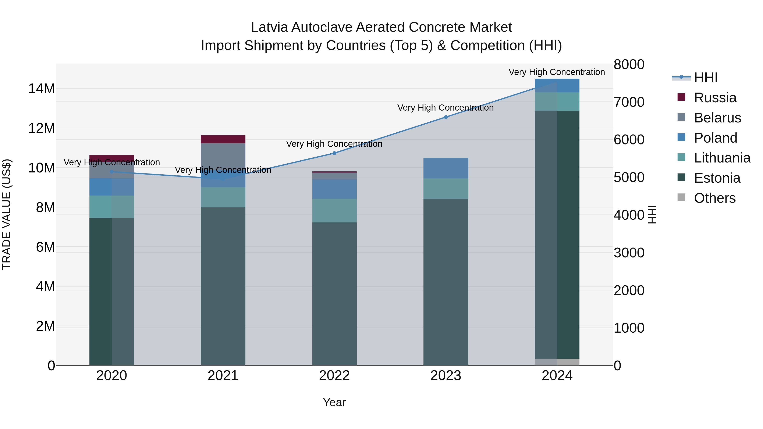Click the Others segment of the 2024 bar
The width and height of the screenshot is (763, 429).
pyautogui.click(x=557, y=362)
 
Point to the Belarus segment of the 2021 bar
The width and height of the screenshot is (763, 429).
pyautogui.click(x=223, y=154)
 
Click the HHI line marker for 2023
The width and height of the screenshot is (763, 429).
pyautogui.click(x=446, y=117)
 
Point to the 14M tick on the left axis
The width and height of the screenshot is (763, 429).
pyautogui.click(x=42, y=89)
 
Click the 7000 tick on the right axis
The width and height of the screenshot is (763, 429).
pyautogui.click(x=629, y=102)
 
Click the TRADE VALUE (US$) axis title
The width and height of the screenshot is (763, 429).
pyautogui.click(x=7, y=214)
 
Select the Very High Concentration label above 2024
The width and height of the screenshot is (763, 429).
pyautogui.click(x=557, y=72)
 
